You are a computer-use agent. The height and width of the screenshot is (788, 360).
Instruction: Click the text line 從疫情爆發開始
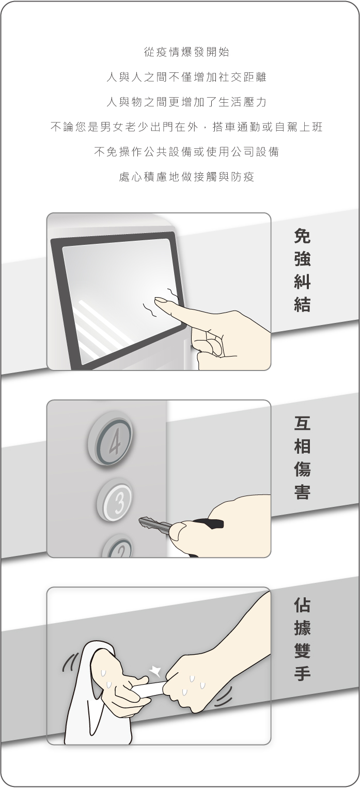tap(186, 52)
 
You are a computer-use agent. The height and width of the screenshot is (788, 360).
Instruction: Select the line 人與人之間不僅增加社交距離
tap(186, 77)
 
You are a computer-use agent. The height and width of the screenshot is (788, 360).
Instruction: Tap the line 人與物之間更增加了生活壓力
tap(186, 102)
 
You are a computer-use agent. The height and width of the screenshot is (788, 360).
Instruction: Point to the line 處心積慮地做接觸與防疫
tap(186, 177)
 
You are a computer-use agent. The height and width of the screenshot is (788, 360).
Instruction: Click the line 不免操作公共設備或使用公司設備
tap(186, 151)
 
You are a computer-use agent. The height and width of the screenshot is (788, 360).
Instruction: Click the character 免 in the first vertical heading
tap(302, 236)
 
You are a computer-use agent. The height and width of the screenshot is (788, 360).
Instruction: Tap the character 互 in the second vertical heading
tap(302, 423)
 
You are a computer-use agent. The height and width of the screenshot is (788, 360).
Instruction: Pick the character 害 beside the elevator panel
tap(302, 491)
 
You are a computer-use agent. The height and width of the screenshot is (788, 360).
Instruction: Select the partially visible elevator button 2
tap(117, 547)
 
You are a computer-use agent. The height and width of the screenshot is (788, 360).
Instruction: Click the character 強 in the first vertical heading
tap(302, 259)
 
